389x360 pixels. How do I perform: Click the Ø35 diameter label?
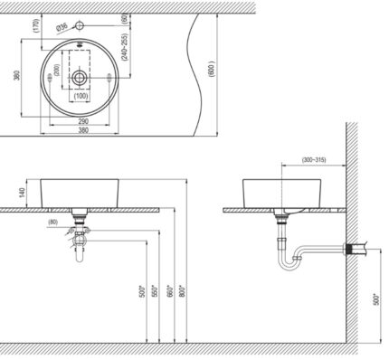[62, 26]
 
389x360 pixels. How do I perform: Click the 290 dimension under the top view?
[82, 120]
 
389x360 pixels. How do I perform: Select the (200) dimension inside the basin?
[57, 70]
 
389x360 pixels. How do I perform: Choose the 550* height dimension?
[153, 295]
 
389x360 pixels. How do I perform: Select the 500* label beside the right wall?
[375, 299]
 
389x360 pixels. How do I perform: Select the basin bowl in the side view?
[277, 191]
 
